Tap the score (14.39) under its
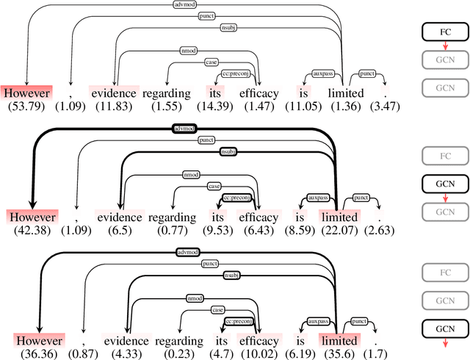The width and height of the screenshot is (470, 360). coord(216,107)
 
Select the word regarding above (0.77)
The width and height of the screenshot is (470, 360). coord(173,217)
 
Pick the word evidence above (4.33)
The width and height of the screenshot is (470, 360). coord(126,342)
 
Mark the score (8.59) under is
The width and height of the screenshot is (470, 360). coord(303,231)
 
